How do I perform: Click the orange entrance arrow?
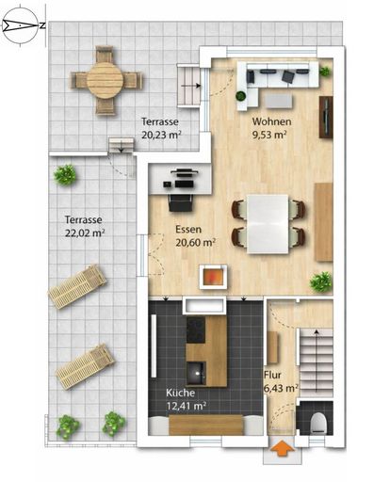[283, 449]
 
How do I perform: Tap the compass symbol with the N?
[20, 25]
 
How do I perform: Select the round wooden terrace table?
[105, 80]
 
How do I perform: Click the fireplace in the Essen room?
[213, 277]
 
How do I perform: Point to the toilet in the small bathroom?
[318, 423]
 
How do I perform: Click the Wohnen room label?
[271, 121]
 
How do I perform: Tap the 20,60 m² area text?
[195, 243]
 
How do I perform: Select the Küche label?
[180, 393]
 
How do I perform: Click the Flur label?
[272, 375]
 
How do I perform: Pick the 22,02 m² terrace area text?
[85, 233]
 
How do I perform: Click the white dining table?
[268, 224]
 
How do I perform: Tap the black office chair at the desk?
[181, 202]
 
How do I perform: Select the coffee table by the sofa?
[279, 101]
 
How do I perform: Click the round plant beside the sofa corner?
[241, 95]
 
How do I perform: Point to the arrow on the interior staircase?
[317, 361]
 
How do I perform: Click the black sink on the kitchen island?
[196, 373]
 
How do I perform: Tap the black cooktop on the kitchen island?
[196, 329]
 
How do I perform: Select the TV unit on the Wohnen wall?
[326, 117]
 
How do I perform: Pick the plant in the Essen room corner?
[321, 281]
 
